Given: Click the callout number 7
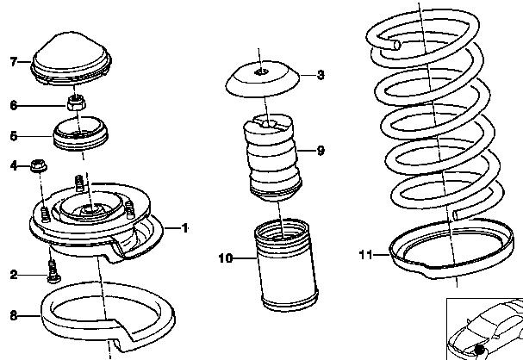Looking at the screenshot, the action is [13, 62].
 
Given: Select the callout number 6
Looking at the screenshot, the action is [13, 105].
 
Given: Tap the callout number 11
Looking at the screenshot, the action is [365, 255].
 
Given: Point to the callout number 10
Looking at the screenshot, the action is [226, 258].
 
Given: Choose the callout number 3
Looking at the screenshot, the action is [321, 75].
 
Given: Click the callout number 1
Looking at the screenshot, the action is [184, 228].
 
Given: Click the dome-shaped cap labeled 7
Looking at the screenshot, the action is [71, 59].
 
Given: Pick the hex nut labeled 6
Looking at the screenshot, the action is [77, 102].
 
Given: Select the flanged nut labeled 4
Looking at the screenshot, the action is [39, 165].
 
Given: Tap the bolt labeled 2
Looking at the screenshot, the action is [53, 271].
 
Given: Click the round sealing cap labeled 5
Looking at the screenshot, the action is [80, 133].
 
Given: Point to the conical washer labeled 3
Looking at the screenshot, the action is [262, 79].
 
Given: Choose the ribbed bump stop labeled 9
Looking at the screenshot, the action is [273, 158].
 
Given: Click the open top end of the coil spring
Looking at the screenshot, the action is [396, 45].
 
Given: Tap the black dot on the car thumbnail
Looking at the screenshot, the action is [479, 350].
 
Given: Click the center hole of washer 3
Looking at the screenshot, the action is [261, 71].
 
